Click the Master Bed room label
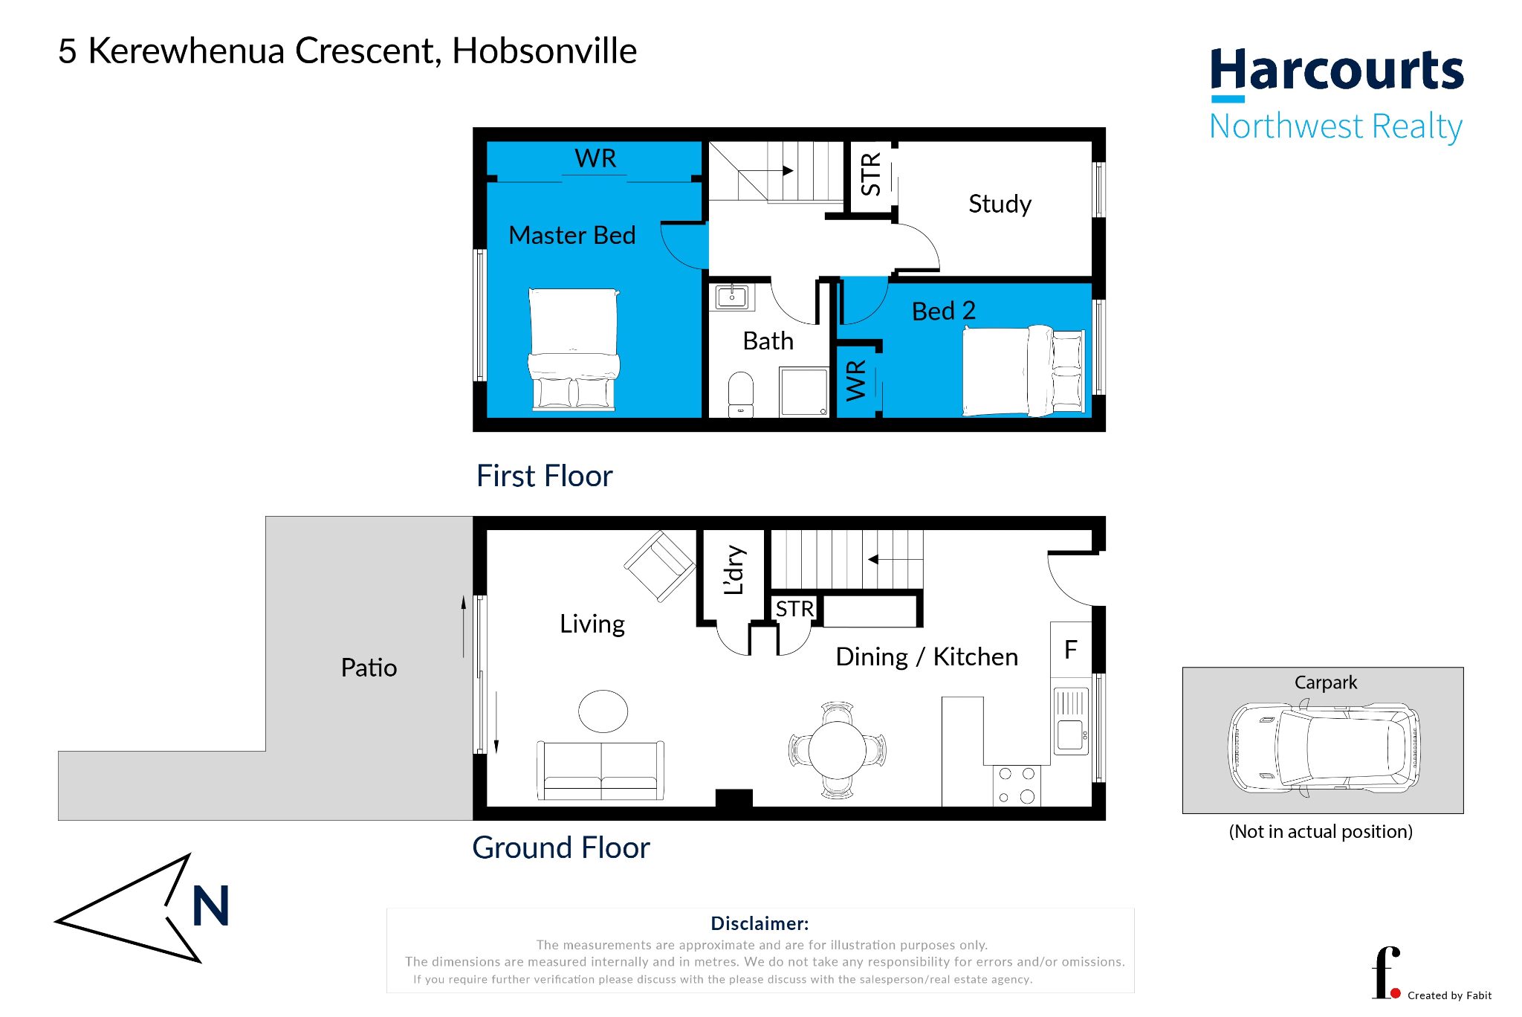tap(572, 235)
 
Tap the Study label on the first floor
tap(1000, 204)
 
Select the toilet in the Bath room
tap(741, 394)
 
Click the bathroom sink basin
tap(732, 297)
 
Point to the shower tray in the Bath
tap(804, 392)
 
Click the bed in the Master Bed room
tap(574, 349)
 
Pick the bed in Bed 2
tap(1023, 370)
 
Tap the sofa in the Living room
tap(600, 771)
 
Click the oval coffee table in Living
tap(603, 711)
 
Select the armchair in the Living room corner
tap(660, 566)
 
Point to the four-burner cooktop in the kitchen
tap(1017, 785)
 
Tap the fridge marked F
tap(1071, 650)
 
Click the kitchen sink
tap(1071, 721)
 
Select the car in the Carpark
tap(1324, 748)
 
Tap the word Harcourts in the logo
tap(1336, 69)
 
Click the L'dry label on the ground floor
tap(734, 570)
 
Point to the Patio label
tap(369, 668)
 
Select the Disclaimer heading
tap(760, 923)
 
